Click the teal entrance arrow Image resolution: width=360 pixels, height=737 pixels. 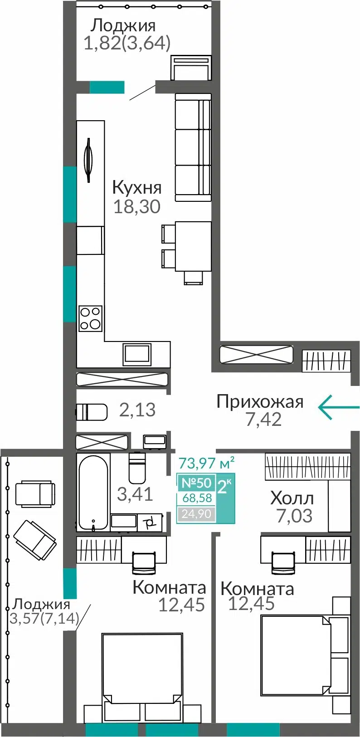coord(339,407)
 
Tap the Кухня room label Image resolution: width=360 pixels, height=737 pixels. coord(137,188)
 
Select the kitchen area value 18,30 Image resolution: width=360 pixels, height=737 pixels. coord(137,207)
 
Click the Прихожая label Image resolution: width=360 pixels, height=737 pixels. coord(260,402)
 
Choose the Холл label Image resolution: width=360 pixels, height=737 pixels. coord(292,498)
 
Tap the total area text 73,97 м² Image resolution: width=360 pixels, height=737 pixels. coord(206,463)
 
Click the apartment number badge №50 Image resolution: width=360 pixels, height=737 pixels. coord(196,483)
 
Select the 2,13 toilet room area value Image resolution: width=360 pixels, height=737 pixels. coord(137,410)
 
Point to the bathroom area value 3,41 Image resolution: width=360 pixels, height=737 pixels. coord(135,494)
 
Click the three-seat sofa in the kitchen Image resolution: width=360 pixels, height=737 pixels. coord(193,147)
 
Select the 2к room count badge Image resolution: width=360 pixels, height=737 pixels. coord(225,485)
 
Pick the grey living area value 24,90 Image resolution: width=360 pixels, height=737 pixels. coord(196,513)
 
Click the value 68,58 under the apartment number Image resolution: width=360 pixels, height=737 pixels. coord(197,498)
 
